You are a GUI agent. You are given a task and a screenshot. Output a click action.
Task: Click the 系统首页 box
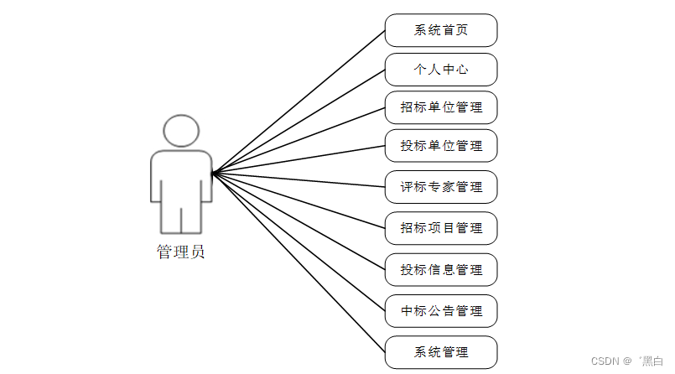[x=441, y=30]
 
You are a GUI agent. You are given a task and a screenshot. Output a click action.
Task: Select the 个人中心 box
[x=441, y=70]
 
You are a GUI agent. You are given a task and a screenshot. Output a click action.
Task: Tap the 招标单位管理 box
[x=441, y=108]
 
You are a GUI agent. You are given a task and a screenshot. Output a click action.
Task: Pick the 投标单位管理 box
[x=441, y=147]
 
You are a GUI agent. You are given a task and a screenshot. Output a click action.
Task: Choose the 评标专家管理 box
[x=441, y=187]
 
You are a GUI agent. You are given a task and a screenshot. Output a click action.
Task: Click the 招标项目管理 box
[x=441, y=228]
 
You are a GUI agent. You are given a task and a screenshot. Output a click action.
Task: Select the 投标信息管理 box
[x=441, y=270]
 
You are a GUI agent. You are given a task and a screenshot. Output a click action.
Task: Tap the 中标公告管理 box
[x=441, y=311]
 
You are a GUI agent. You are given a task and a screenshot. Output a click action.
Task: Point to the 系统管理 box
[x=441, y=352]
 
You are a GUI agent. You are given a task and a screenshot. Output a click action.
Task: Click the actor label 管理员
[x=180, y=252]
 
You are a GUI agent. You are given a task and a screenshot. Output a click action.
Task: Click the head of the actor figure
[x=181, y=131]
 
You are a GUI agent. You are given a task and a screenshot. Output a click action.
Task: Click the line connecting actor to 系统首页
[x=299, y=101]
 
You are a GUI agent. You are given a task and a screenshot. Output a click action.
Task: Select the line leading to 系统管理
[x=299, y=263]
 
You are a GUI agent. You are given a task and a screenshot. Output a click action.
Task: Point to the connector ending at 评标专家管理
[x=299, y=180]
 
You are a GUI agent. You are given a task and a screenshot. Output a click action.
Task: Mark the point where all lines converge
[x=213, y=174]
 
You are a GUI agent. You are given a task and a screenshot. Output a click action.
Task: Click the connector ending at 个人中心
[x=299, y=122]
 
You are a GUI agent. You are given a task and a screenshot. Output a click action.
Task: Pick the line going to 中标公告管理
[x=299, y=242]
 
